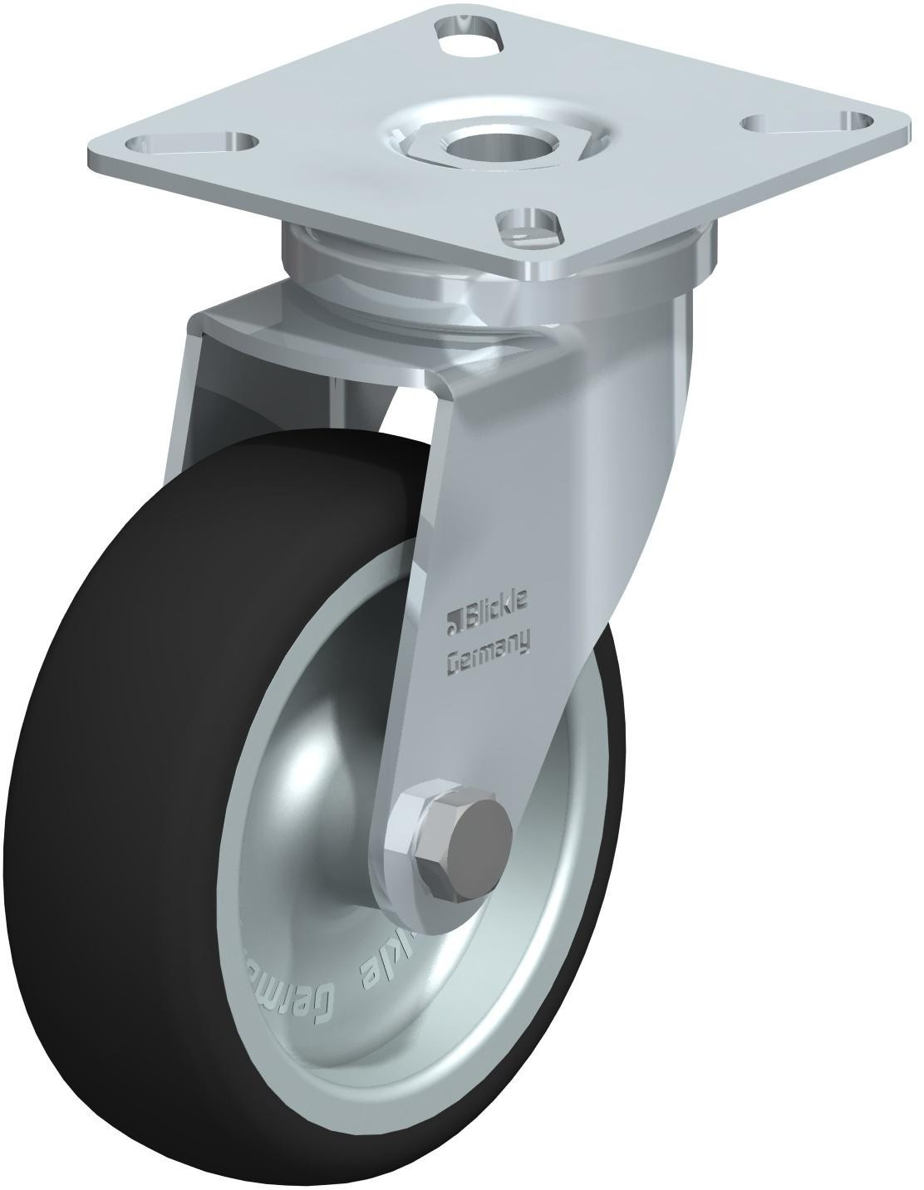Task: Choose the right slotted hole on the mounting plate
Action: [798, 122]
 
